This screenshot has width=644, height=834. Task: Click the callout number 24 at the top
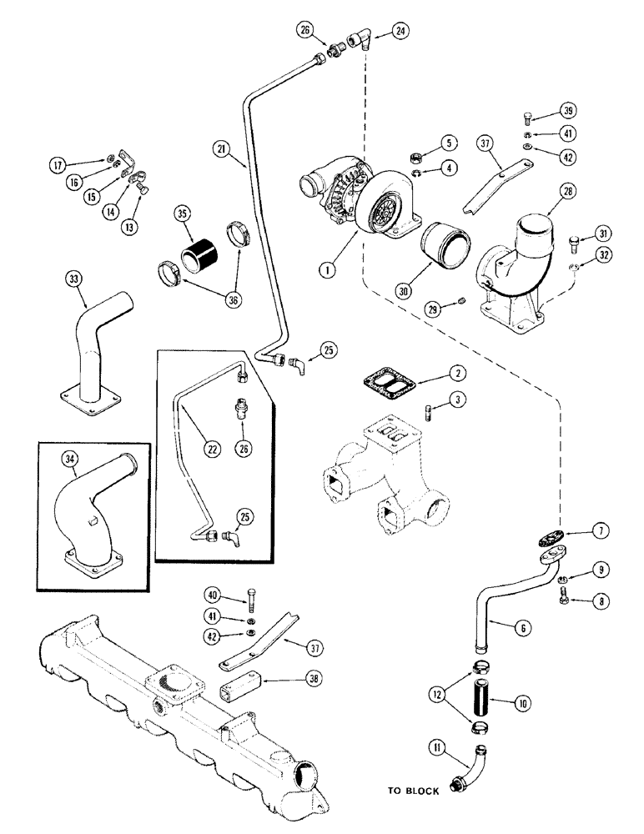click(x=402, y=33)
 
